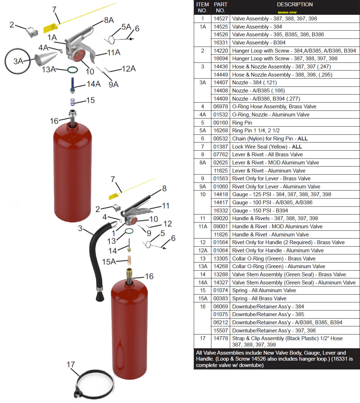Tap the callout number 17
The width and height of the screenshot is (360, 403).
(x=71, y=364)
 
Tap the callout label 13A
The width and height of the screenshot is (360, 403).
(x=49, y=69)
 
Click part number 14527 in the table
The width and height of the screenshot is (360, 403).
(x=221, y=19)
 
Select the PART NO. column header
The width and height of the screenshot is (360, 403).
(x=221, y=7)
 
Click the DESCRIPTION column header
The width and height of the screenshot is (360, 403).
(x=294, y=5)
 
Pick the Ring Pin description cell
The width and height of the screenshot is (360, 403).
(x=242, y=122)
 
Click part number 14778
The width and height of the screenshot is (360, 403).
(x=221, y=338)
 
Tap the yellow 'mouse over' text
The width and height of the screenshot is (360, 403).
(x=287, y=12)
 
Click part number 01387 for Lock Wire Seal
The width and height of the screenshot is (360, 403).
(x=221, y=146)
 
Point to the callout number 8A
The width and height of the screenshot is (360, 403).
(x=109, y=20)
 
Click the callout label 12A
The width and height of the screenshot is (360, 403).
(x=128, y=68)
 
